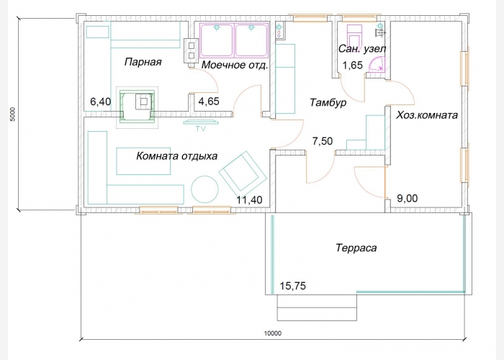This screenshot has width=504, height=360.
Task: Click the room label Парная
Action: [143, 62]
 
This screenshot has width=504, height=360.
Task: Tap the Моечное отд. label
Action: [235, 66]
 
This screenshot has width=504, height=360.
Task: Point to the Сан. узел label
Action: [362, 49]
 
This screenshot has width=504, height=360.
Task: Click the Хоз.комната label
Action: [426, 115]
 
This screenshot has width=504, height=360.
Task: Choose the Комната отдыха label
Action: [177, 156]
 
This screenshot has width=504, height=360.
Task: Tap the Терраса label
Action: [356, 248]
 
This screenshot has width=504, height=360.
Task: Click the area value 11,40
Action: [249, 200]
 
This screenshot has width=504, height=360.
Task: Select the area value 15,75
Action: [293, 286]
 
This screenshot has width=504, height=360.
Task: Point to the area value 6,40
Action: [101, 102]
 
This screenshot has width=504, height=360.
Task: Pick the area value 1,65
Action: [353, 66]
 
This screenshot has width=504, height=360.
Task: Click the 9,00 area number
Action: [408, 198]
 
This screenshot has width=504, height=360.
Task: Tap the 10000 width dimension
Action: [273, 333]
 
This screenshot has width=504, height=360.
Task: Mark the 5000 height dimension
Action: [12, 114]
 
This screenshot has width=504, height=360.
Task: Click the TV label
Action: [201, 129]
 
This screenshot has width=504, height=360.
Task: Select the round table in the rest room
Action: [204, 189]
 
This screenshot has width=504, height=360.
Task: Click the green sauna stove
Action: [137, 107]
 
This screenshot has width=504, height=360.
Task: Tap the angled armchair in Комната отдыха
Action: [243, 172]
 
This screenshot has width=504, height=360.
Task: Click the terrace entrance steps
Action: [317, 307]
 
